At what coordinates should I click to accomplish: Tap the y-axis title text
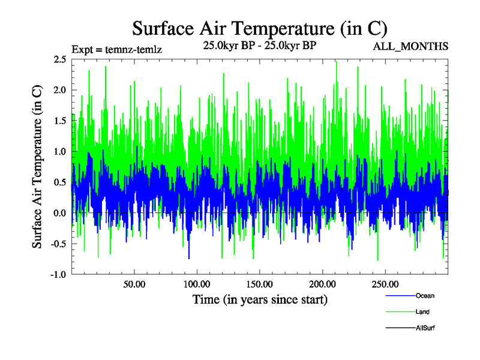(37, 167)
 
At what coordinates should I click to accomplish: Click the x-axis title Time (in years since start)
(260, 299)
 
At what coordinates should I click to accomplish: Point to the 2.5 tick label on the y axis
(59, 59)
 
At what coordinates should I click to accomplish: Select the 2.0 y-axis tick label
(59, 90)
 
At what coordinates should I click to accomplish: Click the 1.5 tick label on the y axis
(59, 121)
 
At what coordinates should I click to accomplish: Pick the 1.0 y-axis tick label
(59, 152)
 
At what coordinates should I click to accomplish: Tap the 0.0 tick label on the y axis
(59, 213)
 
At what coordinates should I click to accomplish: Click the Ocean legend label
(425, 295)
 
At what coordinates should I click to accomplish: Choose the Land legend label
(422, 311)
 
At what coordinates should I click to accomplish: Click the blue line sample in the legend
(399, 295)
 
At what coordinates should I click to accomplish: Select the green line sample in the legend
(399, 311)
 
